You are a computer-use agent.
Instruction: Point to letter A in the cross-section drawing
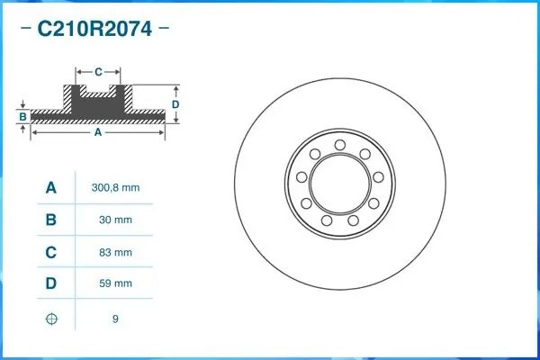click(x=98, y=132)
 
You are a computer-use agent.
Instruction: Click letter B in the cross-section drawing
click(x=23, y=116)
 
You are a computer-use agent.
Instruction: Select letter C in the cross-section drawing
click(x=98, y=69)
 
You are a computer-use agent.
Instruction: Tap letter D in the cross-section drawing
click(x=176, y=104)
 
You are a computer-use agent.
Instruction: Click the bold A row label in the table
click(x=51, y=188)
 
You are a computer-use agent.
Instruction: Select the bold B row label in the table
click(x=51, y=220)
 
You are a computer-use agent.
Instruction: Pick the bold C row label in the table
click(x=51, y=252)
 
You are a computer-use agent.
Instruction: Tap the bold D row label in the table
click(x=51, y=283)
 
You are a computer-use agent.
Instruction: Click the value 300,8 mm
click(x=115, y=188)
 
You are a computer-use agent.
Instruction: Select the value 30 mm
click(x=115, y=220)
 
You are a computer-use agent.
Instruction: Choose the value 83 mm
click(x=115, y=252)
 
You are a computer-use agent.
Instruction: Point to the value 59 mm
click(x=115, y=283)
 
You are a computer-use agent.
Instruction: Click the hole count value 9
click(x=115, y=318)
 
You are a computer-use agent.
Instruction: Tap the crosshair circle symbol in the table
click(x=51, y=318)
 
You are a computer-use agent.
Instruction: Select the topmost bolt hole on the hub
click(x=339, y=145)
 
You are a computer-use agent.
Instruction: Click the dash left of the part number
click(x=24, y=29)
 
